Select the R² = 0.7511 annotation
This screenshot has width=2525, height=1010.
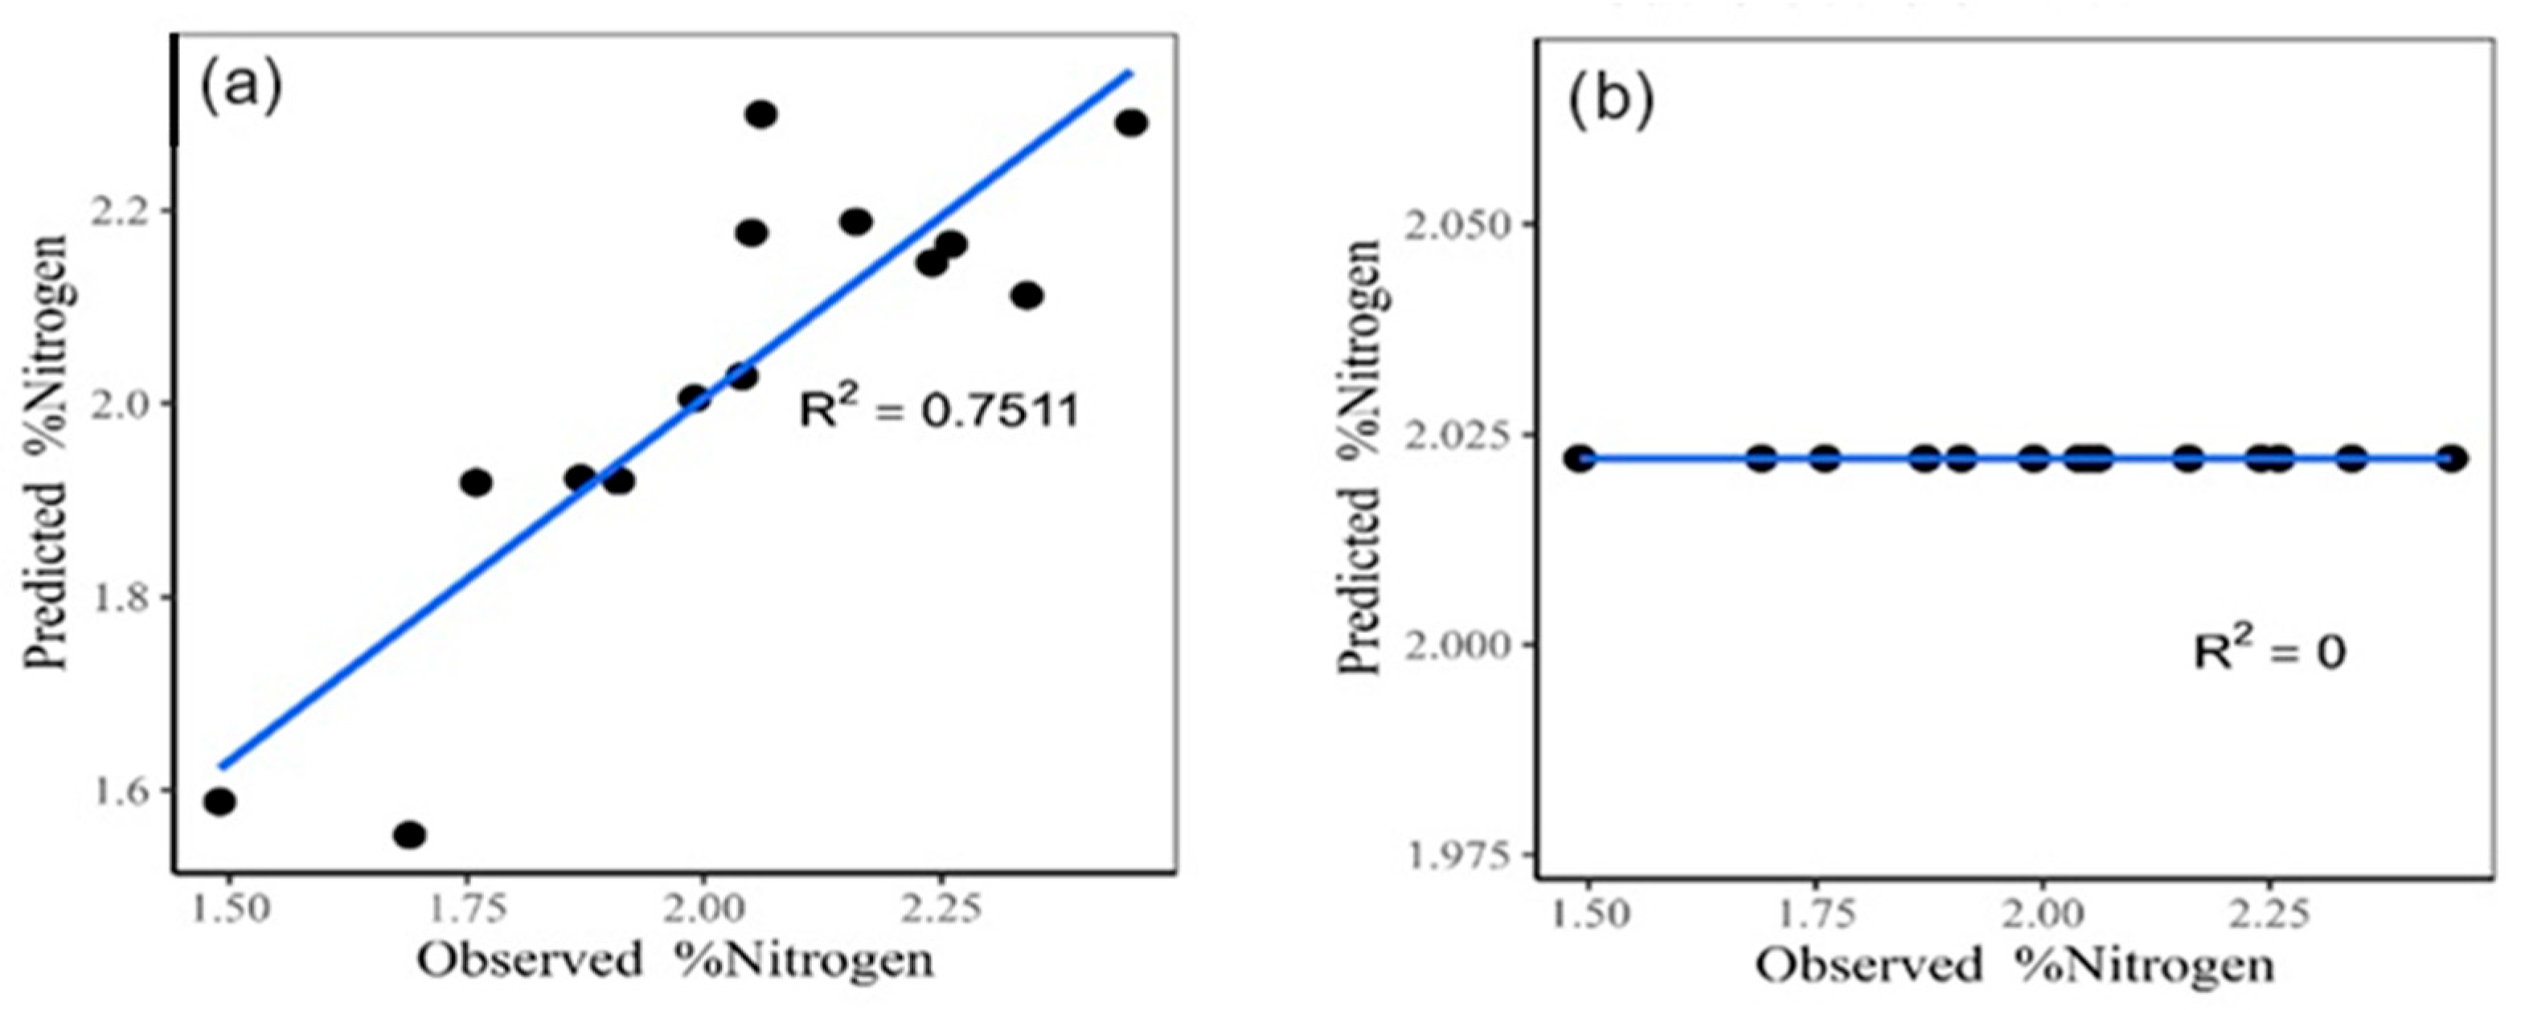point(938,410)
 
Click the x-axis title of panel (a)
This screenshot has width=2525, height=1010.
point(675,960)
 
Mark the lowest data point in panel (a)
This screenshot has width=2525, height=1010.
point(410,835)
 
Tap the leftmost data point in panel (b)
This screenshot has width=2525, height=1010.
point(1579,459)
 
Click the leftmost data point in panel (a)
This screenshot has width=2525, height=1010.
point(219,801)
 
